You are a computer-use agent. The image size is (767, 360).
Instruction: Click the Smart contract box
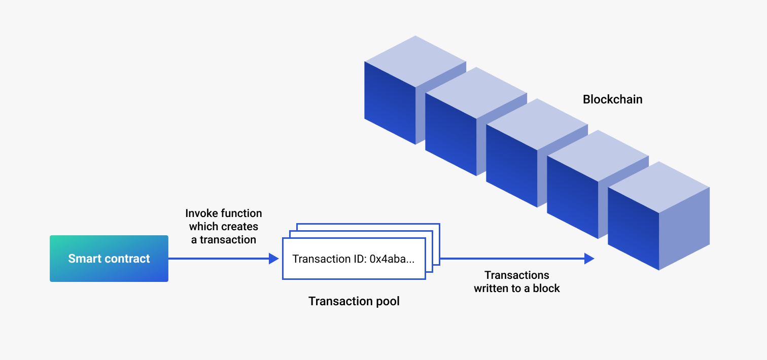[x=109, y=259]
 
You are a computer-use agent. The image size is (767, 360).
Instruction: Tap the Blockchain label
[x=612, y=99]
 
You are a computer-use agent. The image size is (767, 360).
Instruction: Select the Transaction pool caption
[x=354, y=301]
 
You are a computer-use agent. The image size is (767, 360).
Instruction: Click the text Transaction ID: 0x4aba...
[x=354, y=259]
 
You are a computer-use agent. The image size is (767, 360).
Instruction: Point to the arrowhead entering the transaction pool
[x=274, y=259]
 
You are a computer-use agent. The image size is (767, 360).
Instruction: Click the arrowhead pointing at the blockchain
[x=589, y=259]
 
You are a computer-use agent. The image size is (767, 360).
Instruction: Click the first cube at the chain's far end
[x=390, y=101]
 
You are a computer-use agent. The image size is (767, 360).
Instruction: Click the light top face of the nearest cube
[x=658, y=187]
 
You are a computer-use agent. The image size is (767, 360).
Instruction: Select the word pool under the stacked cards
[x=387, y=301]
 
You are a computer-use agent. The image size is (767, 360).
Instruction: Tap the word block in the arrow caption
[x=546, y=289]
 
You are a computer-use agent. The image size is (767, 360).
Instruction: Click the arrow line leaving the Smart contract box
[x=218, y=259]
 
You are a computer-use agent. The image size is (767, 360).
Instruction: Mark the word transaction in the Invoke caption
[x=228, y=240]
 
